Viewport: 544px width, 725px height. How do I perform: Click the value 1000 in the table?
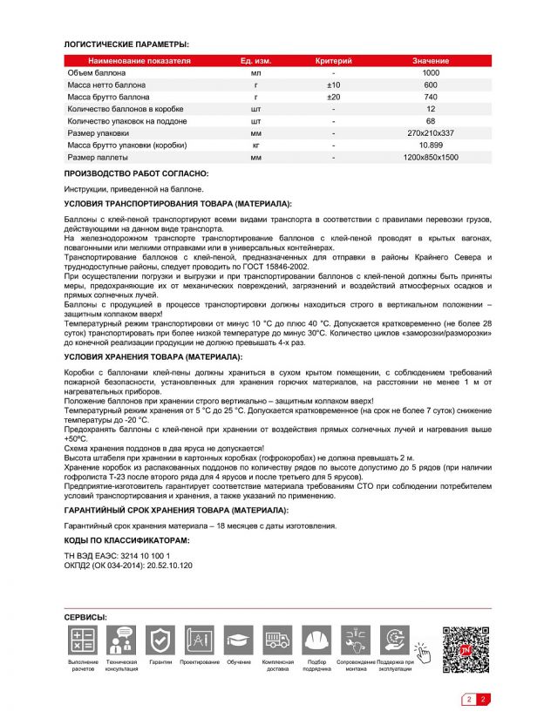coord(431,73)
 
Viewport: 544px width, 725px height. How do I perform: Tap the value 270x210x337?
coord(431,133)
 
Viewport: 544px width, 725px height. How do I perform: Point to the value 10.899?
coord(431,146)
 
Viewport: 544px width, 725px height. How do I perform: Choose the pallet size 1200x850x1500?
coord(431,158)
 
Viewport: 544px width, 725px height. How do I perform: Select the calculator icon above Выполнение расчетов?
coord(84,641)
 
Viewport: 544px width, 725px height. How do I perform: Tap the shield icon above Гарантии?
coord(160,641)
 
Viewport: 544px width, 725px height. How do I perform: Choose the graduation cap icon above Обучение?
coord(239,641)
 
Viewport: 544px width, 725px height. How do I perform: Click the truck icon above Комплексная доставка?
coord(278,641)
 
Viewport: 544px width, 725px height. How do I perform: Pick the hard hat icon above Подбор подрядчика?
coord(317,641)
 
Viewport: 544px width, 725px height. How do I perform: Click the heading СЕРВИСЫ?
coord(85,617)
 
